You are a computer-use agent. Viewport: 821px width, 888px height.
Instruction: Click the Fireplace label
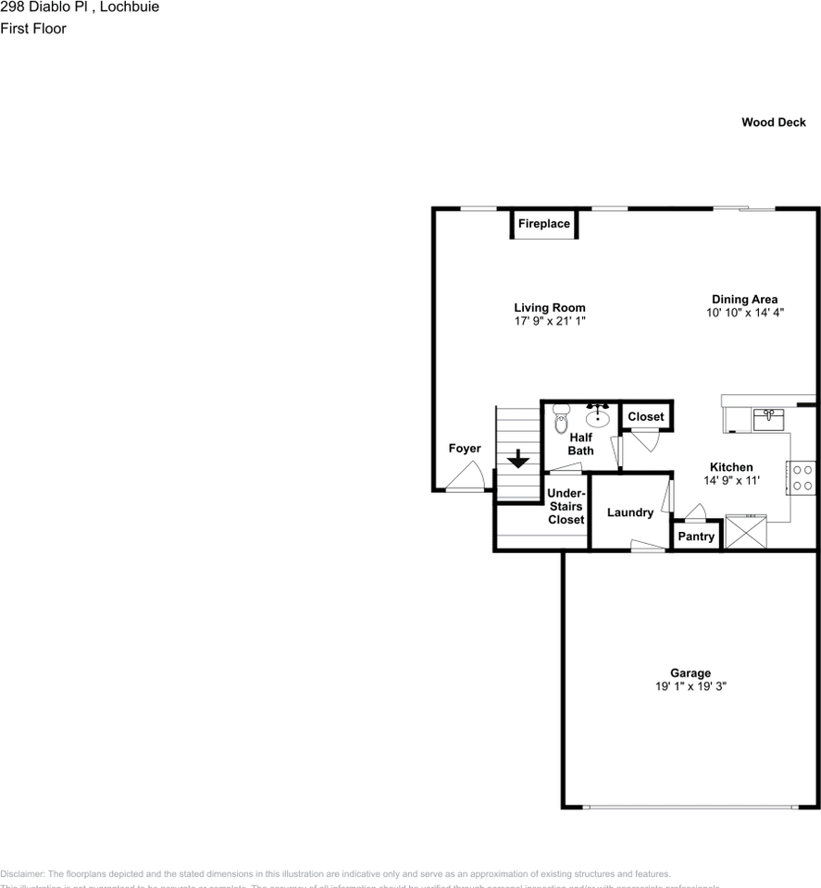[543, 224]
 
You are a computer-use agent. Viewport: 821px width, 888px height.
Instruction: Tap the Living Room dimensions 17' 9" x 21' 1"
[550, 321]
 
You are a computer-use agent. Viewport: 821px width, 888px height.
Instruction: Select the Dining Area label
[743, 299]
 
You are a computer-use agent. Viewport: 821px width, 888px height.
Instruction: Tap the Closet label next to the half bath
[645, 417]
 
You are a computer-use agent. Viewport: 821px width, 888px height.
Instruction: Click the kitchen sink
[768, 418]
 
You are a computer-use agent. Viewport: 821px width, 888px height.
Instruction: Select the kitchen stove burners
[802, 477]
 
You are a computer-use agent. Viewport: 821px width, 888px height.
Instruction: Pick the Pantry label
[696, 536]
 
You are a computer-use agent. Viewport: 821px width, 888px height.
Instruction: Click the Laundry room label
[629, 512]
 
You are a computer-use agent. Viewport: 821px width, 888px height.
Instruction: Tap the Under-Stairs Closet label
[566, 507]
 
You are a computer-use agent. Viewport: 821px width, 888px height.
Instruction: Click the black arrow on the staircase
[516, 457]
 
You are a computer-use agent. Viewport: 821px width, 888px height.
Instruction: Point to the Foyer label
[465, 449]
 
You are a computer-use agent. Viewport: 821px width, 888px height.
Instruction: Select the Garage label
[690, 673]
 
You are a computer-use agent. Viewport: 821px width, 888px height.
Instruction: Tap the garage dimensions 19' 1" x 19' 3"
[690, 686]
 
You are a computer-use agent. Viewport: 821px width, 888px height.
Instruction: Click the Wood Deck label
[773, 122]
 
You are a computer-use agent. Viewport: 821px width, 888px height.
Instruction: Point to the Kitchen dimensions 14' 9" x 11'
[731, 480]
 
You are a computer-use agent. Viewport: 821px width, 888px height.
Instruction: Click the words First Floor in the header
[33, 28]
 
